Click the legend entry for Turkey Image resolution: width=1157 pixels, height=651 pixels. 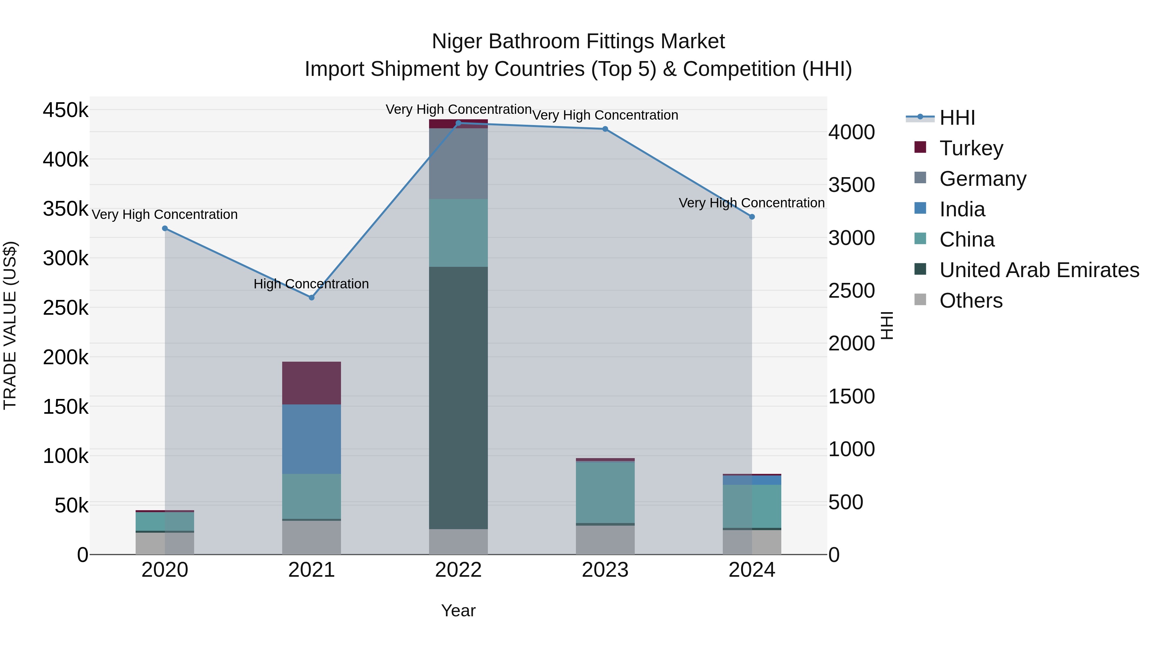(971, 148)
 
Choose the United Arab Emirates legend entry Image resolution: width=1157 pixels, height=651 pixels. (1039, 270)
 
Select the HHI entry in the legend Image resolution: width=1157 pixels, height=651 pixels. (957, 118)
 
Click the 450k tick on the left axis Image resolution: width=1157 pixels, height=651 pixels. (66, 110)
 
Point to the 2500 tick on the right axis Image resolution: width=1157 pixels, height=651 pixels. (851, 291)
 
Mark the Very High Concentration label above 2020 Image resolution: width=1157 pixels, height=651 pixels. (165, 214)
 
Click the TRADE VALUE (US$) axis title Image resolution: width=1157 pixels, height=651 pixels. (10, 325)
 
